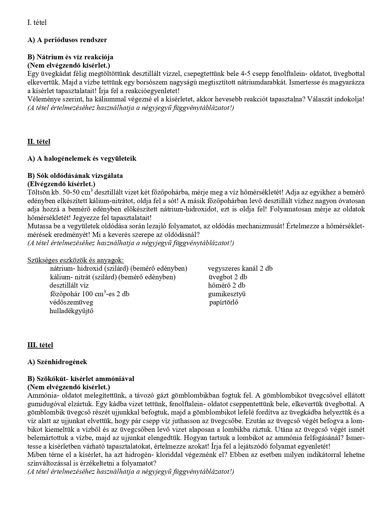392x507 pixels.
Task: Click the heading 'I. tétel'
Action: click(37, 22)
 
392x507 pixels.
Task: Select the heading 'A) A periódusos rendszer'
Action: click(67, 40)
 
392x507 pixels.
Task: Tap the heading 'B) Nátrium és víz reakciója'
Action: click(70, 57)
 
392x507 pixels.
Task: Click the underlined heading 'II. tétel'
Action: click(39, 141)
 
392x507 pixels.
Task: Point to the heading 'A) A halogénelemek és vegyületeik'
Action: click(81, 159)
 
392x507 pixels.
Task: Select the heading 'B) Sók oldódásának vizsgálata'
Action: click(75, 176)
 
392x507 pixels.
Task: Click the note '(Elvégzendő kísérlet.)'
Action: click(61, 184)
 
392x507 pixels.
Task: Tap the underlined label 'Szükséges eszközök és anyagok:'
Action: click(76, 260)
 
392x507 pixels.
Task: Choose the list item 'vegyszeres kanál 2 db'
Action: click(240, 269)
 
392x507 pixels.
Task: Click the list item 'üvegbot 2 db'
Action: click(228, 277)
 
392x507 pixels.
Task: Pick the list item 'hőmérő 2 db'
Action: click(227, 285)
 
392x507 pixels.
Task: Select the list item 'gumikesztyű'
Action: click(227, 294)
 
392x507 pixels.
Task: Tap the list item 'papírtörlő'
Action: click(224, 302)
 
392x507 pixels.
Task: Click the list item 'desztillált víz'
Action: click(69, 285)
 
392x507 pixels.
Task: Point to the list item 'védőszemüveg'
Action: click(71, 302)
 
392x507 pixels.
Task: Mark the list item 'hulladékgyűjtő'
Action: click(72, 311)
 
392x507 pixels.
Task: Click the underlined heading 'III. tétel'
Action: click(40, 345)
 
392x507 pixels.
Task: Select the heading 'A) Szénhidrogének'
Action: click(57, 362)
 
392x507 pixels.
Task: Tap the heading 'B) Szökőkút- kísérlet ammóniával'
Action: click(81, 379)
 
